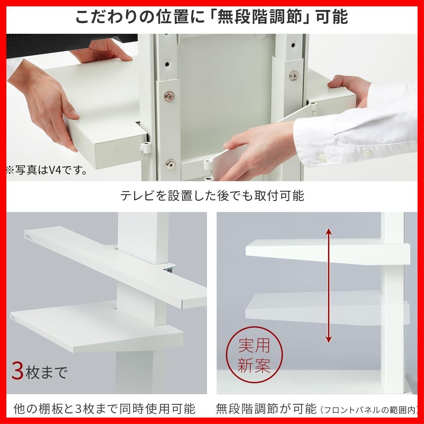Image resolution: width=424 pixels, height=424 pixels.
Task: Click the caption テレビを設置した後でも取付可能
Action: pyautogui.click(x=212, y=196)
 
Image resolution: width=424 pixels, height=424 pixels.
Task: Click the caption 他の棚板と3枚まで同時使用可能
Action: pyautogui.click(x=105, y=402)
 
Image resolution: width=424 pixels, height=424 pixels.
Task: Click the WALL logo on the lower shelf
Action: pyautogui.click(x=13, y=318)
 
